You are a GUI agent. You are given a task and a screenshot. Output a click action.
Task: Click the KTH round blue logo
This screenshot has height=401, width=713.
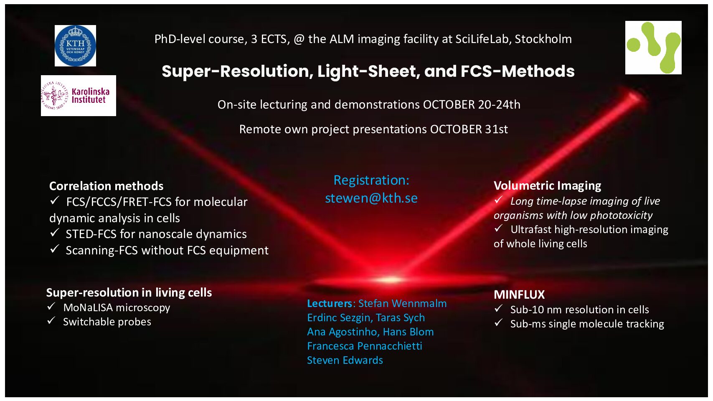click(75, 46)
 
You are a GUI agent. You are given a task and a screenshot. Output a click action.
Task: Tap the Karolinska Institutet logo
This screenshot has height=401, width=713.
click(78, 96)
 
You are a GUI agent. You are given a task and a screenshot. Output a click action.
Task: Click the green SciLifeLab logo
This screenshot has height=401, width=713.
click(653, 48)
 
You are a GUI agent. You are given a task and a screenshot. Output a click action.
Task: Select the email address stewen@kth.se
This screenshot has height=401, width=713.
click(371, 198)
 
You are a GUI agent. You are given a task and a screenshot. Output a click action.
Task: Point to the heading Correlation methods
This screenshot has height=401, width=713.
click(107, 186)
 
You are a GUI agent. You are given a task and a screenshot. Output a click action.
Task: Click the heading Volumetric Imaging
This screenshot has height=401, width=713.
click(547, 185)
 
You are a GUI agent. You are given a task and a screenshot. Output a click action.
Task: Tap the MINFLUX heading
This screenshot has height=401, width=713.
click(519, 294)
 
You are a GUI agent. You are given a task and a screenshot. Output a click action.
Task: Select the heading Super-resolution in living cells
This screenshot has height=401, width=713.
click(129, 292)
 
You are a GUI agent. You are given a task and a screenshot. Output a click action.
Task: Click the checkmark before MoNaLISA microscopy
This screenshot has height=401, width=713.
click(51, 307)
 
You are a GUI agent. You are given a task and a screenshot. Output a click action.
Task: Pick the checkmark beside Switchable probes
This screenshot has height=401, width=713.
click(51, 320)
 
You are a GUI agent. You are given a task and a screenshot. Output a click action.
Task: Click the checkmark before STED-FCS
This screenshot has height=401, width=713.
click(54, 233)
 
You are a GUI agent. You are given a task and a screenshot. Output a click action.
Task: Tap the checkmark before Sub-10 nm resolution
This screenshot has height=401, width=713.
click(498, 308)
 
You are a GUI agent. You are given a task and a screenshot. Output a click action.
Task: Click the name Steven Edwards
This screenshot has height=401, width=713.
click(345, 360)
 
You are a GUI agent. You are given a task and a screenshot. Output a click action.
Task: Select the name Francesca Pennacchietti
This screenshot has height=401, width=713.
click(365, 346)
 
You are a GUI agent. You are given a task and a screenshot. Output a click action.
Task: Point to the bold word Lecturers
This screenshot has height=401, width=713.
click(330, 303)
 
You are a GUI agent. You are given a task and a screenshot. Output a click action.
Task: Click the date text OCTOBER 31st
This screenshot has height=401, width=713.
click(469, 129)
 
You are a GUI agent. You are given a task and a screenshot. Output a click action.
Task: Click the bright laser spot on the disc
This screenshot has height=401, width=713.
click(390, 280)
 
